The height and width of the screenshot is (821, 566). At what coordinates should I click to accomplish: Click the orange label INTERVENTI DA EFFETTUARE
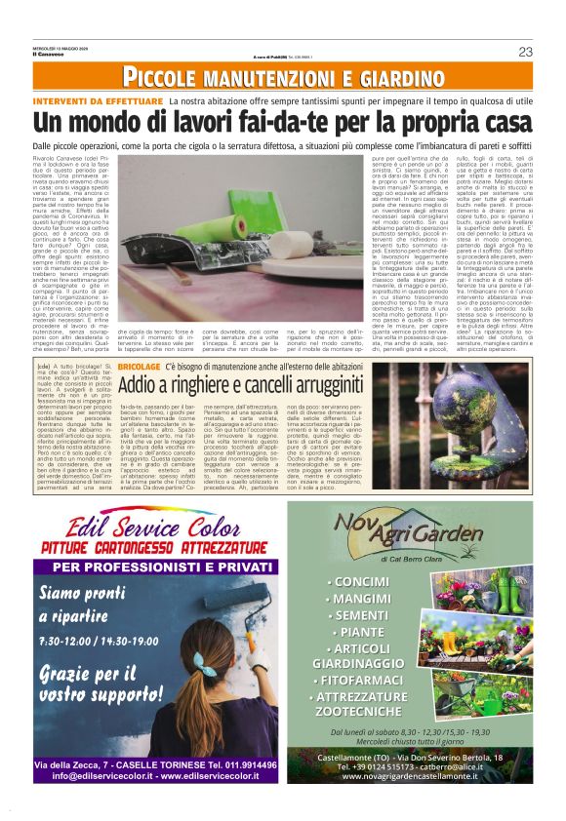(98, 101)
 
